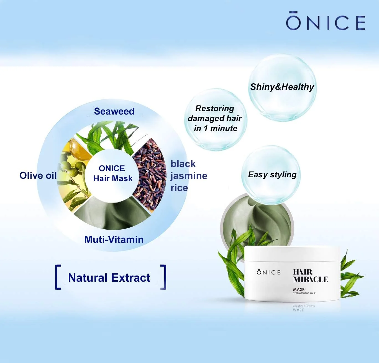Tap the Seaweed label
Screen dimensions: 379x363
pyautogui.click(x=114, y=111)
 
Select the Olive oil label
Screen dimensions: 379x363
pyautogui.click(x=38, y=175)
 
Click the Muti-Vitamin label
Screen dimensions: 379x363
pyautogui.click(x=114, y=240)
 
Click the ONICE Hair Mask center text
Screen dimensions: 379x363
pyautogui.click(x=113, y=173)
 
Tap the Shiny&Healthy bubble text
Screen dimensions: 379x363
pyautogui.click(x=282, y=87)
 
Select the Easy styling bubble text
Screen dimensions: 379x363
pyautogui.click(x=272, y=175)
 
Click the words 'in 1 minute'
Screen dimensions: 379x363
pyautogui.click(x=216, y=128)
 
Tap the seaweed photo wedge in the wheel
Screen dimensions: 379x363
pyautogui.click(x=110, y=136)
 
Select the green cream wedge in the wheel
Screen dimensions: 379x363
pyautogui.click(x=112, y=214)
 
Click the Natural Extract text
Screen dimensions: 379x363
pyautogui.click(x=109, y=278)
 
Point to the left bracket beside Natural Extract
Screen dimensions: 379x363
pyautogui.click(x=58, y=277)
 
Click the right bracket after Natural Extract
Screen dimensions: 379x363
pyautogui.click(x=163, y=277)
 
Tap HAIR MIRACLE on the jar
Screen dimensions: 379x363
pyautogui.click(x=311, y=276)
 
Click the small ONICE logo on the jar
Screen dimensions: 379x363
pyautogui.click(x=268, y=272)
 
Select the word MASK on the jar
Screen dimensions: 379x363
pyautogui.click(x=299, y=289)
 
